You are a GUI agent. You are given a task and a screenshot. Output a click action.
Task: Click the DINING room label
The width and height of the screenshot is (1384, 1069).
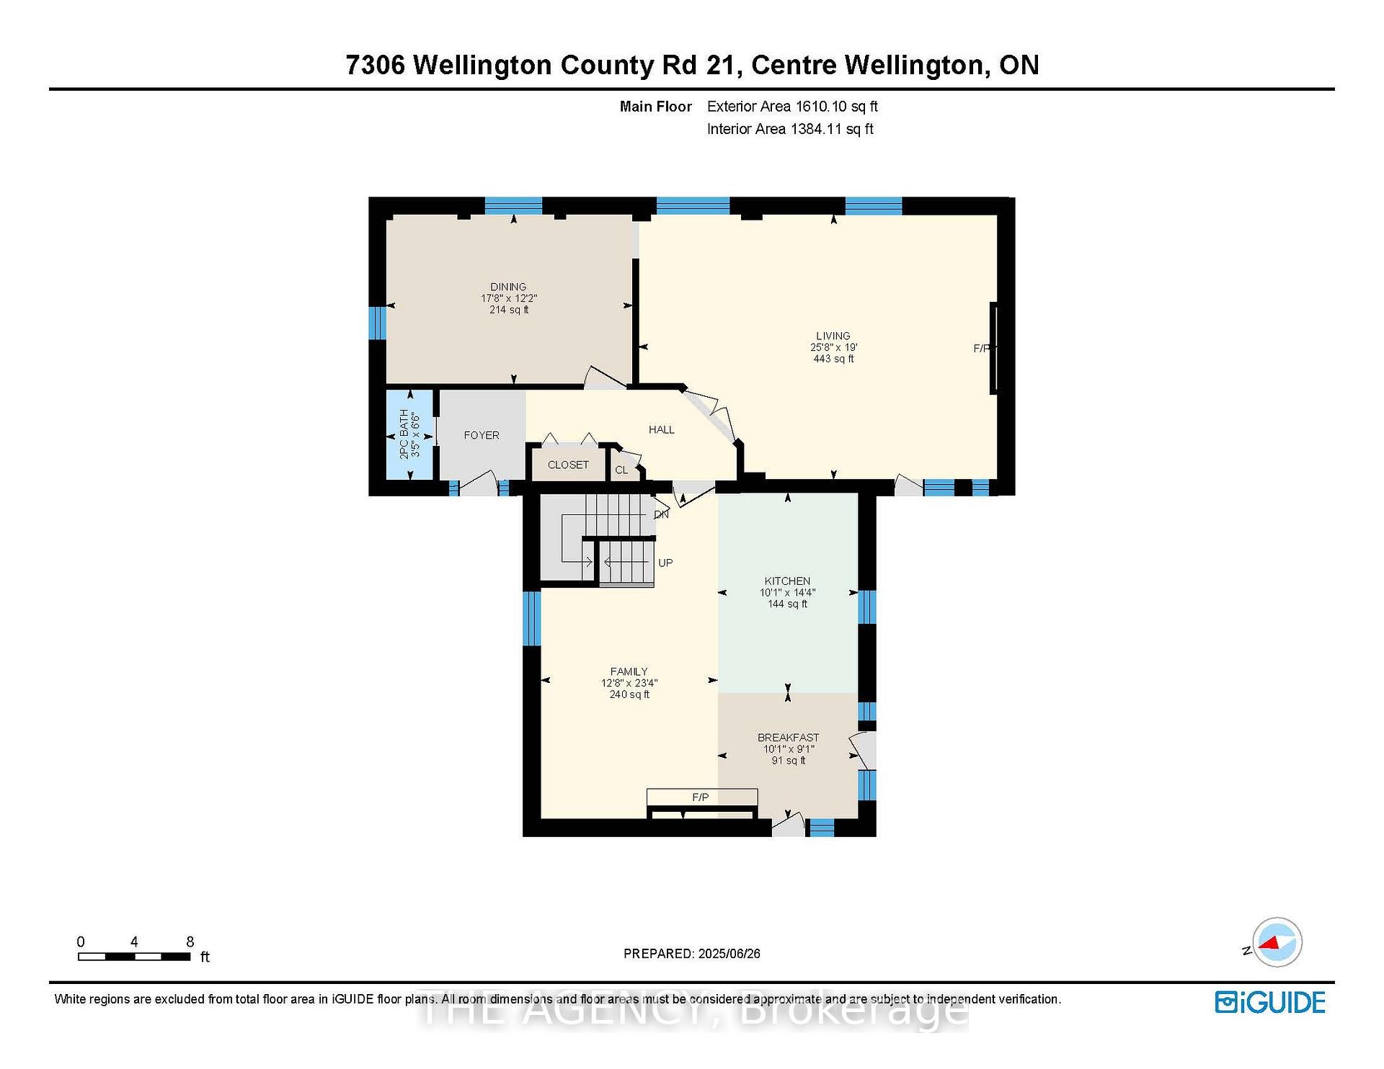[x=508, y=287]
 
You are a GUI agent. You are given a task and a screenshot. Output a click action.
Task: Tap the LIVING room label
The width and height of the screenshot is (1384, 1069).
[x=833, y=336]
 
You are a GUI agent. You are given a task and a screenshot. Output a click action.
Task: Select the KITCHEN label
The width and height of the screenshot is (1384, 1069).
[x=787, y=581]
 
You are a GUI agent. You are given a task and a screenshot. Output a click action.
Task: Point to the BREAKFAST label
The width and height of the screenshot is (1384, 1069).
[x=788, y=738]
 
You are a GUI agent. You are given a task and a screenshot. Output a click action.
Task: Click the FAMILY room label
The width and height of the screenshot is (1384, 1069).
[x=629, y=671]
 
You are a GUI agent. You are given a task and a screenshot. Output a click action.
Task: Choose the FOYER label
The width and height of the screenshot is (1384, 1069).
[x=482, y=435]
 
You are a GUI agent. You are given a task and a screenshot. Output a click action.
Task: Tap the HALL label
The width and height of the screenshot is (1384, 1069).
[x=662, y=429]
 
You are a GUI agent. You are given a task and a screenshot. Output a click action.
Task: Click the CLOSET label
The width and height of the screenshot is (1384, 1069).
[x=568, y=465]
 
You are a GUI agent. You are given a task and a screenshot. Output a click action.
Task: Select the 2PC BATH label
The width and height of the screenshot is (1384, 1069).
[x=404, y=434]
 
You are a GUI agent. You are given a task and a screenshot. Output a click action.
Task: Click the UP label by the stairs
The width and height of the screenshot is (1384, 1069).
[x=665, y=563]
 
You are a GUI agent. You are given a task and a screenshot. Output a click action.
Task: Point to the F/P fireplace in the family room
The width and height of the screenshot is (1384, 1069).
[x=701, y=797]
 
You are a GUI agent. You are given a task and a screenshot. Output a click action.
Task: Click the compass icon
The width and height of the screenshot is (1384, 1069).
[x=1277, y=942]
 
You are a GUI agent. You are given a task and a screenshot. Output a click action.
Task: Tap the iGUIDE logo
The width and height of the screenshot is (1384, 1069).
[x=1270, y=1003]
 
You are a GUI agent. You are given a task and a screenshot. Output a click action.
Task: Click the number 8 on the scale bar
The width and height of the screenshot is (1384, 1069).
[x=190, y=941]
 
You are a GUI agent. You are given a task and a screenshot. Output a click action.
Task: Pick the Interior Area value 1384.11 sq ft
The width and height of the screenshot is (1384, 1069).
[x=832, y=129]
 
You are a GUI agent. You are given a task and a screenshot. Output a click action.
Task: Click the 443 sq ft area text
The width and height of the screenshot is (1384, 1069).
[x=833, y=359]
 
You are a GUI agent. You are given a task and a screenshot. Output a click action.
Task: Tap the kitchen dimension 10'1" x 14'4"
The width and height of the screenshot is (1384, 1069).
[x=787, y=592]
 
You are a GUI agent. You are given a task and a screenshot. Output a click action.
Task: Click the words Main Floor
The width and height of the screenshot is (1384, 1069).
[x=656, y=107]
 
